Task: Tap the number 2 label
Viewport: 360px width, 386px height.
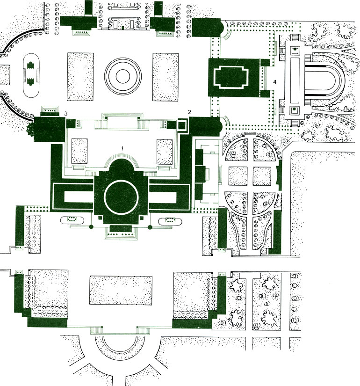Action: pos(189,111)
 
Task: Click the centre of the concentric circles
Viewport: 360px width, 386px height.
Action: pos(123,76)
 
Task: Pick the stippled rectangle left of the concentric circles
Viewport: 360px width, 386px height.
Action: pos(80,76)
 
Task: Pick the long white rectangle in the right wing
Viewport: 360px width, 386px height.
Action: pos(170,196)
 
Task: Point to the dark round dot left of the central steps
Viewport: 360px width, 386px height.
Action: pos(92,227)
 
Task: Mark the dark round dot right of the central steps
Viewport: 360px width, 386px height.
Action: pos(150,227)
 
